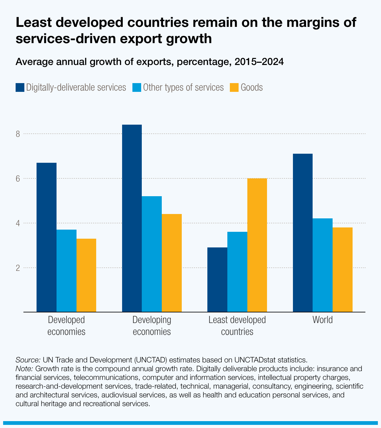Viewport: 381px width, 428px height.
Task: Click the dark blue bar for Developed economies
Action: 47,237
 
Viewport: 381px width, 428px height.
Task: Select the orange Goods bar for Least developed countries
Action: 257,245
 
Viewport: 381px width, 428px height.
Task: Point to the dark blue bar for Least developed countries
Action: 217,279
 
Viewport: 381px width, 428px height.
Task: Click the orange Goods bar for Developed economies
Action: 86,275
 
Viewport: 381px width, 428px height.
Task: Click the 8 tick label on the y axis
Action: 18,134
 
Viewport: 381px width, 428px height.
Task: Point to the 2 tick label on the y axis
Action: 18,268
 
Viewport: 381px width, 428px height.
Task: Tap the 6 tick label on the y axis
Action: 18,179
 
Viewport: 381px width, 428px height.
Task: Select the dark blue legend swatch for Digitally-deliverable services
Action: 20,87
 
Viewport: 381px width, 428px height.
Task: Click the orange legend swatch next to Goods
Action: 234,87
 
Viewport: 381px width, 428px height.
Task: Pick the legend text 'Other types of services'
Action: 183,87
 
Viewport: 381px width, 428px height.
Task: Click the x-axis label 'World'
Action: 323,320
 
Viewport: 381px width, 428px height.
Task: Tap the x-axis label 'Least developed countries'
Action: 237,326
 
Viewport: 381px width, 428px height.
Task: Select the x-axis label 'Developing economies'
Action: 152,326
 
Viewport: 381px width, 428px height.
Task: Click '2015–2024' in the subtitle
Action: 259,62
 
